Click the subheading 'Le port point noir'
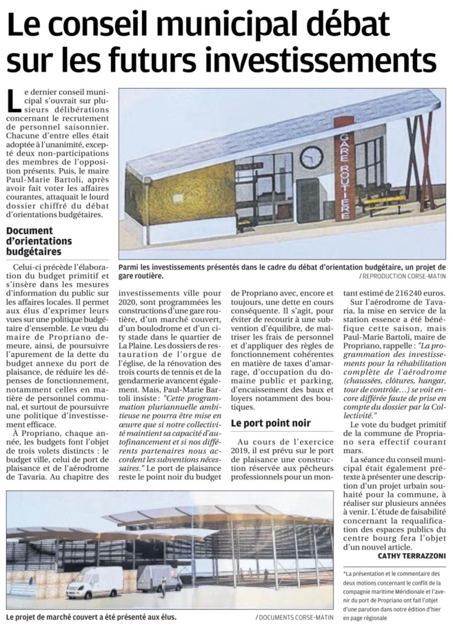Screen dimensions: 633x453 [x=270, y=424]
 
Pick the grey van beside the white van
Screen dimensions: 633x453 [x=158, y=577]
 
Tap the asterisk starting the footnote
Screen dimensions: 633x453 [x=344, y=572]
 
